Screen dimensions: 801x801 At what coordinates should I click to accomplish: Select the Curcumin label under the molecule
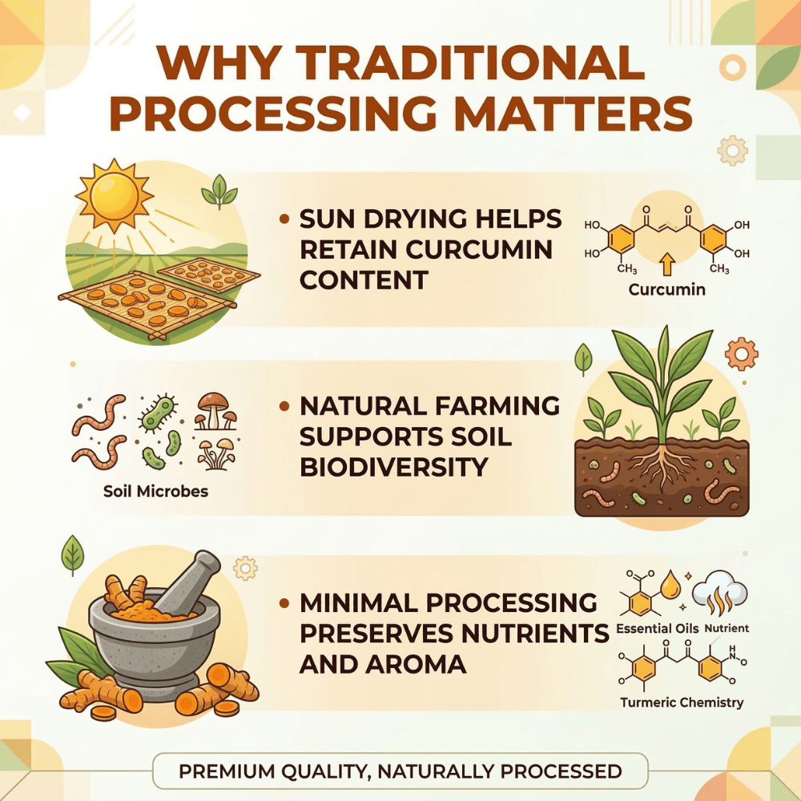point(666,290)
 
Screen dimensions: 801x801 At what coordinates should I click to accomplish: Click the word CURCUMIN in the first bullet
point(479,249)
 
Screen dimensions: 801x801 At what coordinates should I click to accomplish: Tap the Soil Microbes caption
point(156,492)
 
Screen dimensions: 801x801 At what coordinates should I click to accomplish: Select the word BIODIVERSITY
point(394,467)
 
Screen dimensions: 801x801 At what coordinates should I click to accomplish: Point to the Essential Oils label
point(657,628)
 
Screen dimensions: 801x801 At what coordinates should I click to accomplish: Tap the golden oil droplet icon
point(670,586)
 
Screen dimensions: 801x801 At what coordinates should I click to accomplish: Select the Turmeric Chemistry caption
point(682,702)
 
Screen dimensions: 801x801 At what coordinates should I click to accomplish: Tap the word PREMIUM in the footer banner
point(227,771)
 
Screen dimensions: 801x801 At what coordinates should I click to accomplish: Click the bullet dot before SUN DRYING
point(284,219)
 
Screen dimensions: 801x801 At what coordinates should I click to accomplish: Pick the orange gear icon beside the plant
point(741,353)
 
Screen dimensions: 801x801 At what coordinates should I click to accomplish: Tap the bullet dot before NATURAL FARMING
point(284,407)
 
